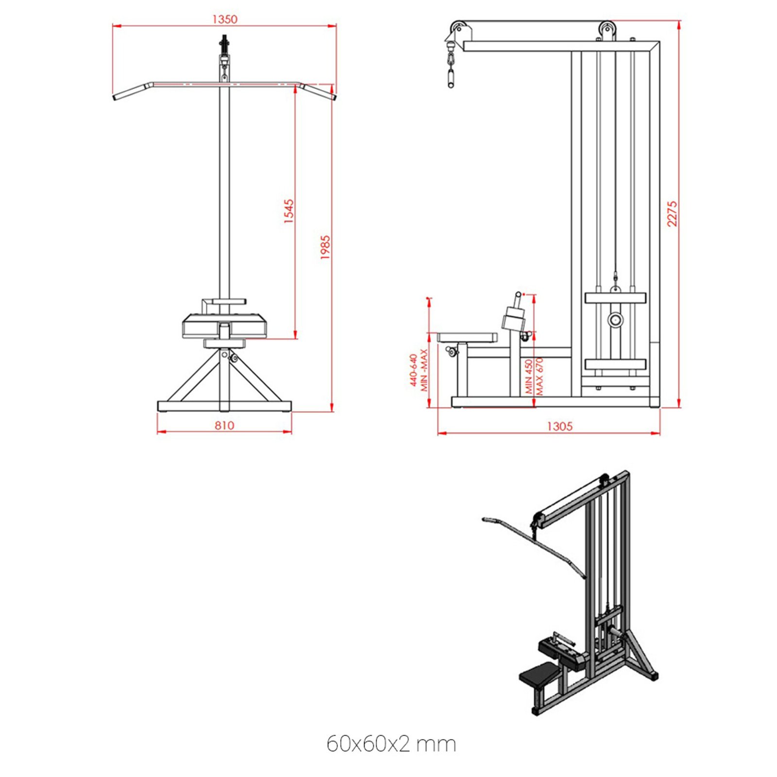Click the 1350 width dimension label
tap(225, 19)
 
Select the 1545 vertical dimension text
tap(289, 211)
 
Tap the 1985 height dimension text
tap(325, 247)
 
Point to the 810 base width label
tap(224, 425)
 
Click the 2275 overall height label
tap(672, 214)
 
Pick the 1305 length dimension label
tap(559, 426)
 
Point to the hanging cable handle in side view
tap(451, 78)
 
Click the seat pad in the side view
tap(467, 337)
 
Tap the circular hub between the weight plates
tap(615, 320)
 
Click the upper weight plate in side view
tap(615, 298)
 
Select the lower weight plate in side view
tap(615, 364)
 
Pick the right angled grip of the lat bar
tap(318, 91)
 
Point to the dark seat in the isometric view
tap(539, 675)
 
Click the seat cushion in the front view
tap(224, 326)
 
